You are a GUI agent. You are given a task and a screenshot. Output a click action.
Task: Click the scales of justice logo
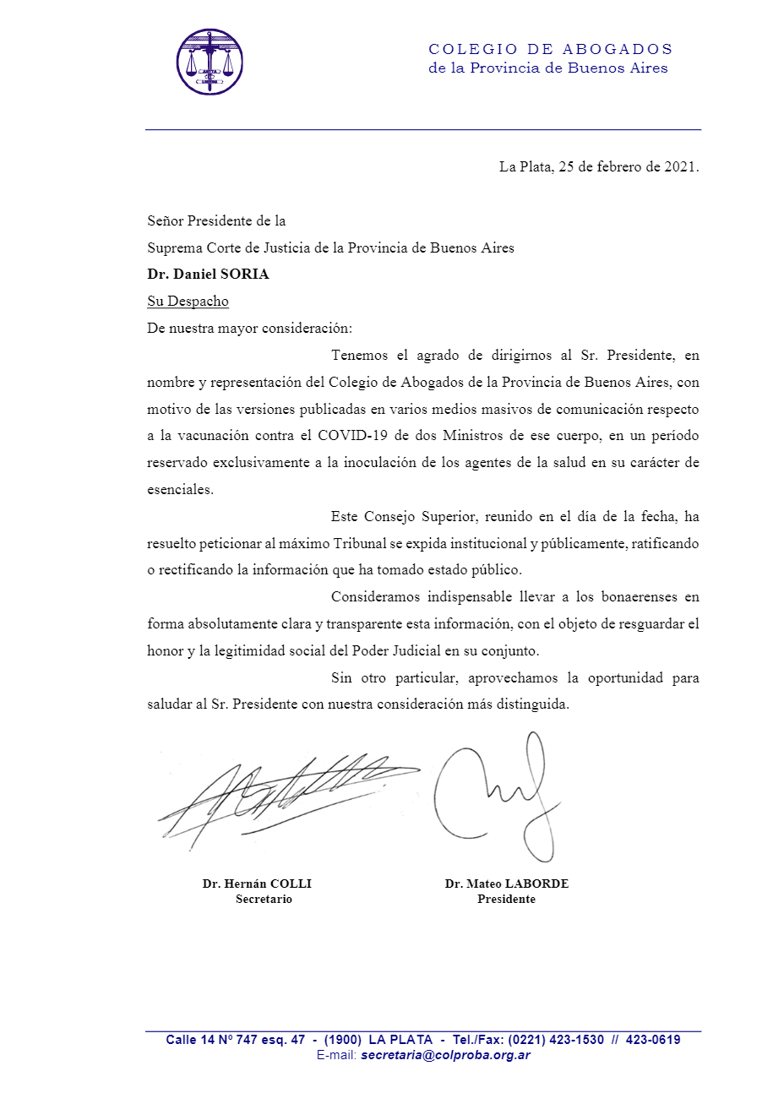coord(210,61)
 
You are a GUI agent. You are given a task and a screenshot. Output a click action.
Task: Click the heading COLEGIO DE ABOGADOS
coord(550,49)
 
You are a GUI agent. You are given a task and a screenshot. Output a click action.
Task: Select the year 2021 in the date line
coord(680,166)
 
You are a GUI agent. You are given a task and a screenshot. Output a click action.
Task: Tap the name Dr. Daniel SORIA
coord(208,275)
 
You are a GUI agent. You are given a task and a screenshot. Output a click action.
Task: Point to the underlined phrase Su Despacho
coord(188,302)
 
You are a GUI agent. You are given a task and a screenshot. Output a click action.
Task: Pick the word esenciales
coord(179,490)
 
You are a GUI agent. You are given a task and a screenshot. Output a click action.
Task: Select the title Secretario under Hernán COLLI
coord(264,900)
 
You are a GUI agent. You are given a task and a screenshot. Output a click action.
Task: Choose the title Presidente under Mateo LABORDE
coord(506,900)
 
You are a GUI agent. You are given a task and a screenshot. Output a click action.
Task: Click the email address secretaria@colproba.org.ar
coord(445,1056)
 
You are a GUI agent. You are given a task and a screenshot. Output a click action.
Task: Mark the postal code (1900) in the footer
coord(343,1040)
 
